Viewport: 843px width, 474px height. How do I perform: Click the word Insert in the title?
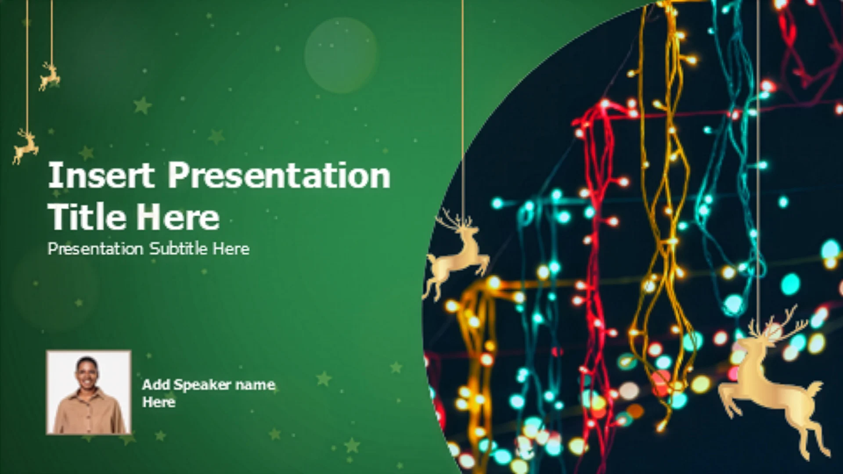101,175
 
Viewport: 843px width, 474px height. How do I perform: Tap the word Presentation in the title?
279,175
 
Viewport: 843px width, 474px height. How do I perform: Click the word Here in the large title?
178,217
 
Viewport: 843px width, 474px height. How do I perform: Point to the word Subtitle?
179,248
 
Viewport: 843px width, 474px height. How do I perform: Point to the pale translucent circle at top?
341,55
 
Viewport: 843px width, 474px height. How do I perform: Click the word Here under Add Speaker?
159,402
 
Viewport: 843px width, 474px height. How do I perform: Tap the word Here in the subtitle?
231,249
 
